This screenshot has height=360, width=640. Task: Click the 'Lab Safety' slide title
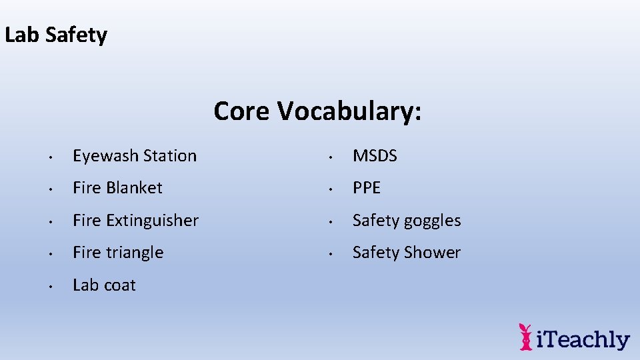pyautogui.click(x=56, y=35)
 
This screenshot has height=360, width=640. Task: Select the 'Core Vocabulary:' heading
pyautogui.click(x=317, y=111)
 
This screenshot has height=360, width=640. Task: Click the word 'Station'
pyautogui.click(x=170, y=156)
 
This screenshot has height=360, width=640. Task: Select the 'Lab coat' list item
pyautogui.click(x=104, y=285)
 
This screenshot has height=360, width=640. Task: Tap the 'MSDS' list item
pyautogui.click(x=375, y=156)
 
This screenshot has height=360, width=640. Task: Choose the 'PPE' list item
pyautogui.click(x=367, y=188)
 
